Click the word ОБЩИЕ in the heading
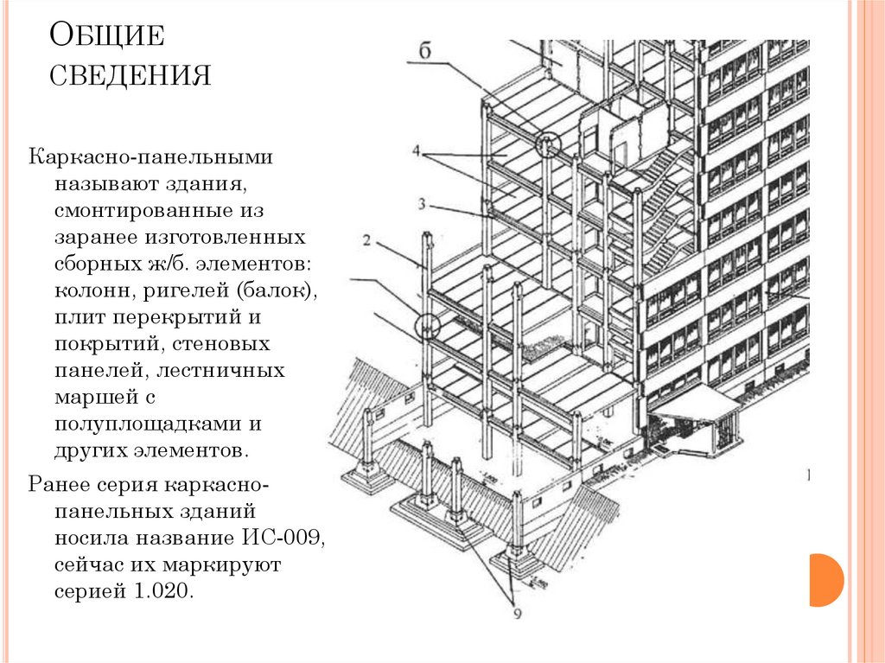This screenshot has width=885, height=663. coord(106,39)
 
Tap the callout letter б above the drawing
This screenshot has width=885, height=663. coord(425,51)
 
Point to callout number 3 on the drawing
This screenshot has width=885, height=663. coord(421,204)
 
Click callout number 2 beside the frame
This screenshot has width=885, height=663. coord(366,241)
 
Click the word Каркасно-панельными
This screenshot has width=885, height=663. coord(152,158)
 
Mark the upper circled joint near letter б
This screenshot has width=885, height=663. coord(546,143)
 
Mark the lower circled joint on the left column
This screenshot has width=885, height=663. coord(427,327)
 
